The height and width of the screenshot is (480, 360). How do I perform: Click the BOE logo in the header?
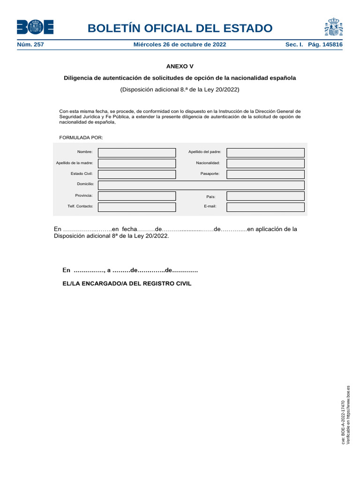tap(35, 27)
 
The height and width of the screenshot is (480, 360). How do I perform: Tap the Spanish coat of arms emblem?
tap(333, 27)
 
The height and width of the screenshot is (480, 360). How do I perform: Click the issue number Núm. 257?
tap(30, 45)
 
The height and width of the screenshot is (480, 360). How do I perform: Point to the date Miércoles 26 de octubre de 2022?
tap(180, 45)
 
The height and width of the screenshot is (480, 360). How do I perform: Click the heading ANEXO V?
tap(180, 67)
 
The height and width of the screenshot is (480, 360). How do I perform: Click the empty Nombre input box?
tap(137, 152)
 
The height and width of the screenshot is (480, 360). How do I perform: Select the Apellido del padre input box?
tap(265, 152)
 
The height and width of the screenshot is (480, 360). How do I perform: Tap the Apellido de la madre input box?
tap(137, 163)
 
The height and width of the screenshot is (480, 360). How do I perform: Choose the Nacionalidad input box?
tap(265, 163)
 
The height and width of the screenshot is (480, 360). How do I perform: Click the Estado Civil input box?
tap(137, 174)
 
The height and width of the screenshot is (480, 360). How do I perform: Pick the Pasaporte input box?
tap(265, 174)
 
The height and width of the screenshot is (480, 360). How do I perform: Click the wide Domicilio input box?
tap(201, 185)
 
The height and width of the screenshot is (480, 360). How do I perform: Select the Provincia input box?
tap(137, 196)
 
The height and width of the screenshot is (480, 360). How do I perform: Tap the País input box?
tap(265, 196)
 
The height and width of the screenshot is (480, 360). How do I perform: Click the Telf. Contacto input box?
tap(137, 207)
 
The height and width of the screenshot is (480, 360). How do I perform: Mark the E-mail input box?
tap(265, 207)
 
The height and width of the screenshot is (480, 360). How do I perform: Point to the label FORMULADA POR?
tap(81, 137)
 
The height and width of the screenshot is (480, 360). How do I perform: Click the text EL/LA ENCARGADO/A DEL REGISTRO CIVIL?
tap(127, 284)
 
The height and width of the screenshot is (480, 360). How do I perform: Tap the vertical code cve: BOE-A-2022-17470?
tap(343, 422)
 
